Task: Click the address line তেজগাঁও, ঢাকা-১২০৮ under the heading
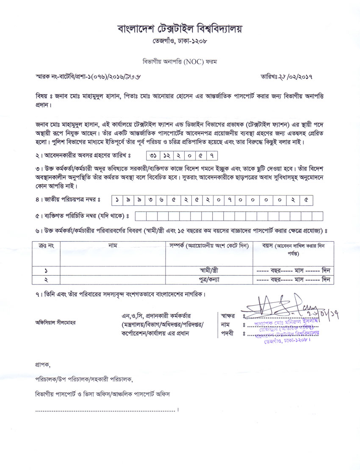[180, 41]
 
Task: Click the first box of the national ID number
[117, 199]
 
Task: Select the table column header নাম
[113, 246]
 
